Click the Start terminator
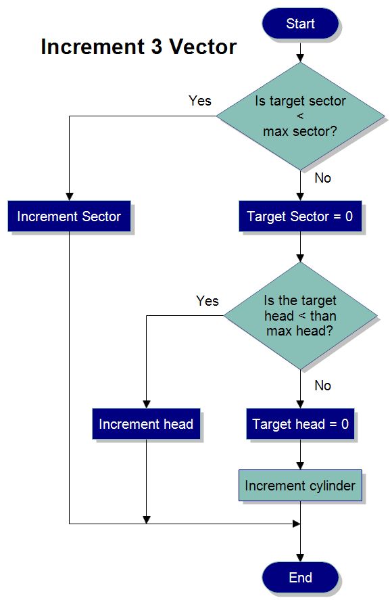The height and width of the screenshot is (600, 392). pos(300,24)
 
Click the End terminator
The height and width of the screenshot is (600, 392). pos(300,577)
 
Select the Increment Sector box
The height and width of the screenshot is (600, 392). pos(69,216)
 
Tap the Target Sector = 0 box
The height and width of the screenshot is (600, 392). pos(300,216)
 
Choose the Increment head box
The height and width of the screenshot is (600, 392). pos(146,424)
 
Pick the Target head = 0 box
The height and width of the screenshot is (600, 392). pos(300,424)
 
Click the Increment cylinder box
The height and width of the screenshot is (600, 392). pos(300,486)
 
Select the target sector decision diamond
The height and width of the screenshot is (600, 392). pos(300,116)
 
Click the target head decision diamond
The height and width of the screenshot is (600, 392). pos(300,316)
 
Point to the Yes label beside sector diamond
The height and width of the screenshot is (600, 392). pos(199,101)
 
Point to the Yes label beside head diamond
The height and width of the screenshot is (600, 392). pos(207,300)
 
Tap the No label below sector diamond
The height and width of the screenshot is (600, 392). pos(323,179)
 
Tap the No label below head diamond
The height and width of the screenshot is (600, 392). pos(323,386)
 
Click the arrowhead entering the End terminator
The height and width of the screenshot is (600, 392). pos(300,557)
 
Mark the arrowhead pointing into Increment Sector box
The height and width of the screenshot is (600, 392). pos(69,197)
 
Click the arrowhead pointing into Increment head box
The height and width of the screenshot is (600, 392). pos(146,405)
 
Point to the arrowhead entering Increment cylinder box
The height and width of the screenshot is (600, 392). pos(300,465)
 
